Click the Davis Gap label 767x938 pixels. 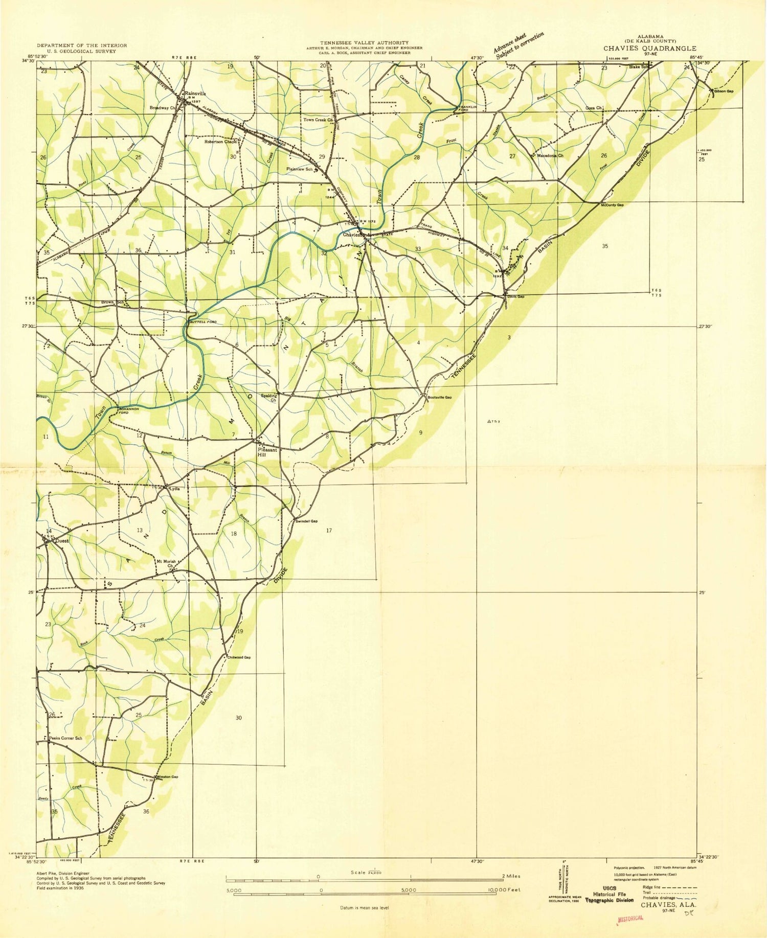[515, 296]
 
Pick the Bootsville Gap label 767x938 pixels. [440, 397]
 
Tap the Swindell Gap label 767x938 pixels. [307, 521]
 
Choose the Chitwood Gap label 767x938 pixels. [239, 657]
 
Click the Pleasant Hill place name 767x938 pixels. [267, 452]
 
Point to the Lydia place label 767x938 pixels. [175, 488]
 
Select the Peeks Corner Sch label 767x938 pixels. [65, 739]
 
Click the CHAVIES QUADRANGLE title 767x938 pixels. [649, 48]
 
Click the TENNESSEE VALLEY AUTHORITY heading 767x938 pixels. [364, 42]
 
